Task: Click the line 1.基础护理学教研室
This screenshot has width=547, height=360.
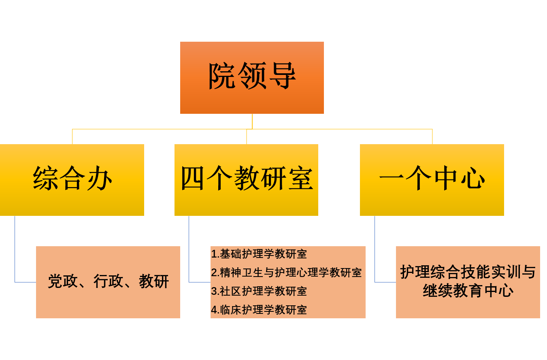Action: [259, 254]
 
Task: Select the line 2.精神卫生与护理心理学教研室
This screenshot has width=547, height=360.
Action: [286, 273]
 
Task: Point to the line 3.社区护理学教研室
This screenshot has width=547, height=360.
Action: [259, 291]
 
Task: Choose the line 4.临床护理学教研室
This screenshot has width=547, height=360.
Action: [259, 310]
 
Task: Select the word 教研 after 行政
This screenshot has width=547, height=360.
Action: [154, 281]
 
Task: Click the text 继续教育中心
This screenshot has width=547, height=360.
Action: [468, 291]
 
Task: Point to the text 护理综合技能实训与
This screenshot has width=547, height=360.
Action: [468, 272]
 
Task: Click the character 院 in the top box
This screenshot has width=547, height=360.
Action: [221, 76]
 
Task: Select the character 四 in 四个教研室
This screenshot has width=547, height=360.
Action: [192, 178]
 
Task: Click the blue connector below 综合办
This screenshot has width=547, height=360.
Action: [15, 251]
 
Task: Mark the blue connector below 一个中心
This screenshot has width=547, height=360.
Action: [375, 251]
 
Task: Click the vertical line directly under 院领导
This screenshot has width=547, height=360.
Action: [252, 121]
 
